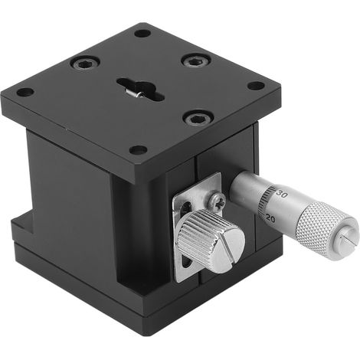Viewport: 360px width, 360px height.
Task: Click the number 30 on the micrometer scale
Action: [x=282, y=194]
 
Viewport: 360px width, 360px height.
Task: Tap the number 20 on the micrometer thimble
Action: [x=270, y=218]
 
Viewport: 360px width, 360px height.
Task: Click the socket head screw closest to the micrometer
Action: [x=198, y=118]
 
